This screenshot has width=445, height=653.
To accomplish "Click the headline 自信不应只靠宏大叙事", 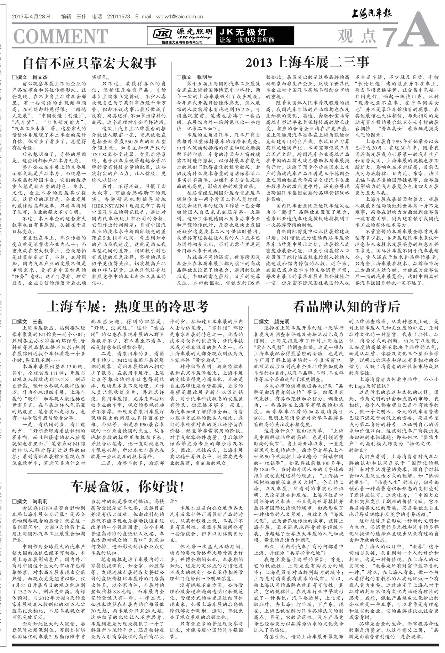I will coord(90,63).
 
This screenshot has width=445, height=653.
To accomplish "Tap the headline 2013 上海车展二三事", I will coord(307,63).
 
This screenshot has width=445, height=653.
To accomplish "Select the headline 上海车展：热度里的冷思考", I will coord(128,307).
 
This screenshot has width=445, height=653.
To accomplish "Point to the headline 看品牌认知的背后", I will coord(346,307).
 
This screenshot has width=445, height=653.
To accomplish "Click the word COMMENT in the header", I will coord(60,36).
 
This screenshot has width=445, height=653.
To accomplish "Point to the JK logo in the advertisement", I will coord(162,34).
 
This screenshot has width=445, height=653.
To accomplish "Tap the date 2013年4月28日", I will coord(31,16).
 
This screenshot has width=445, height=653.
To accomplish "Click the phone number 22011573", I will coord(119,16).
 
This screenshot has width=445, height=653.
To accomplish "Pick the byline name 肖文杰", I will coord(40,77).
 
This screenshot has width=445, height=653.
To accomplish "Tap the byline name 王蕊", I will coord(37,321).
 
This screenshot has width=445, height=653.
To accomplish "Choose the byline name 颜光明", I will coord(282,321).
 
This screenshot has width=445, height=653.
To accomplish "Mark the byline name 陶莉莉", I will coord(40,501).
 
